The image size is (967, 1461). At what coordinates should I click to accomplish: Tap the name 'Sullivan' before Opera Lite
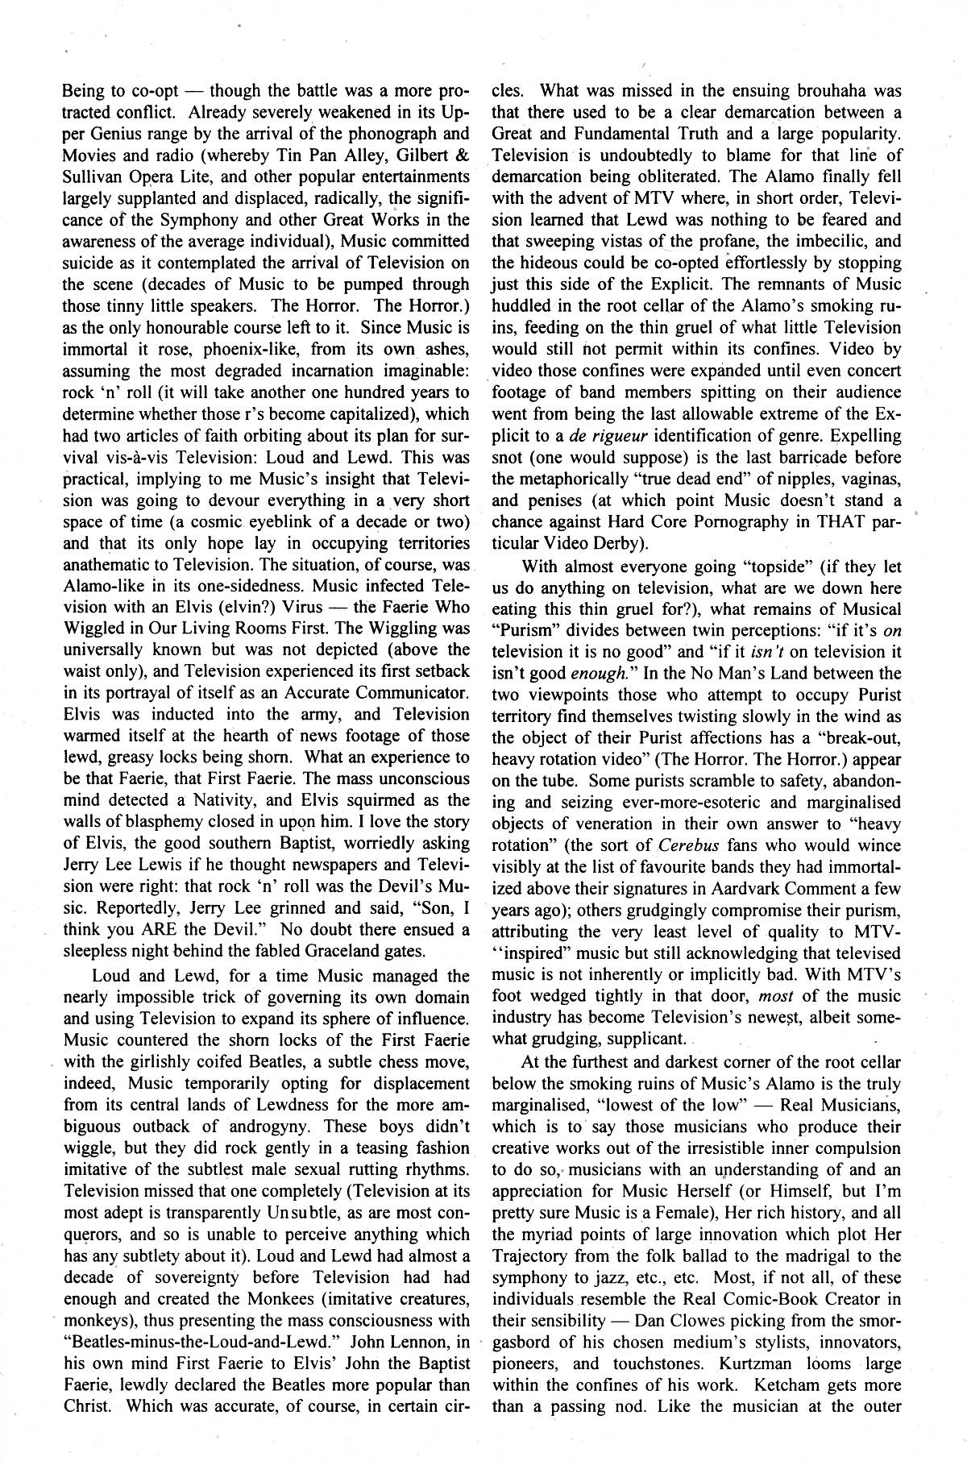tap(93, 176)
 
